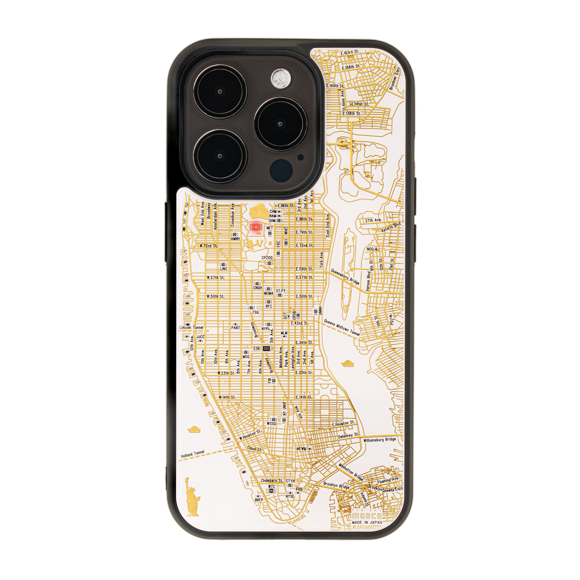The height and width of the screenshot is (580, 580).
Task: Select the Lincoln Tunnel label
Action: pyautogui.click(x=191, y=327)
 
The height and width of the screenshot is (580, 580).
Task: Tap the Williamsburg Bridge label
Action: pyautogui.click(x=379, y=440)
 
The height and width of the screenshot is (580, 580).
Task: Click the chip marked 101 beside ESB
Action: pyautogui.click(x=266, y=349)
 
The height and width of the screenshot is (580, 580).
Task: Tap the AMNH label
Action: pyautogui.click(x=235, y=239)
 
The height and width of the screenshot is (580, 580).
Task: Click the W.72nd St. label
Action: pyautogui.click(x=208, y=246)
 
